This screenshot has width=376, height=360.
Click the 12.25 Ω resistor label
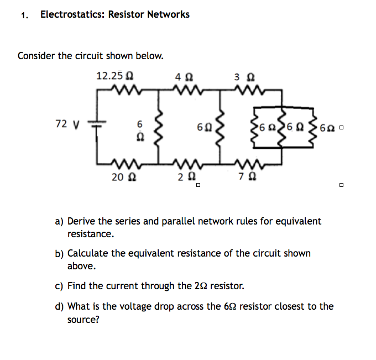[x=113, y=75]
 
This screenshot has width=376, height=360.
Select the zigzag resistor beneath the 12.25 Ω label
[x=123, y=89]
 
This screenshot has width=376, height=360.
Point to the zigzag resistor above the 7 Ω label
[x=243, y=164]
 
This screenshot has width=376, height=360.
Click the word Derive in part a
[x=82, y=221]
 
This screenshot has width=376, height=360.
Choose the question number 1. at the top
[x=24, y=15]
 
